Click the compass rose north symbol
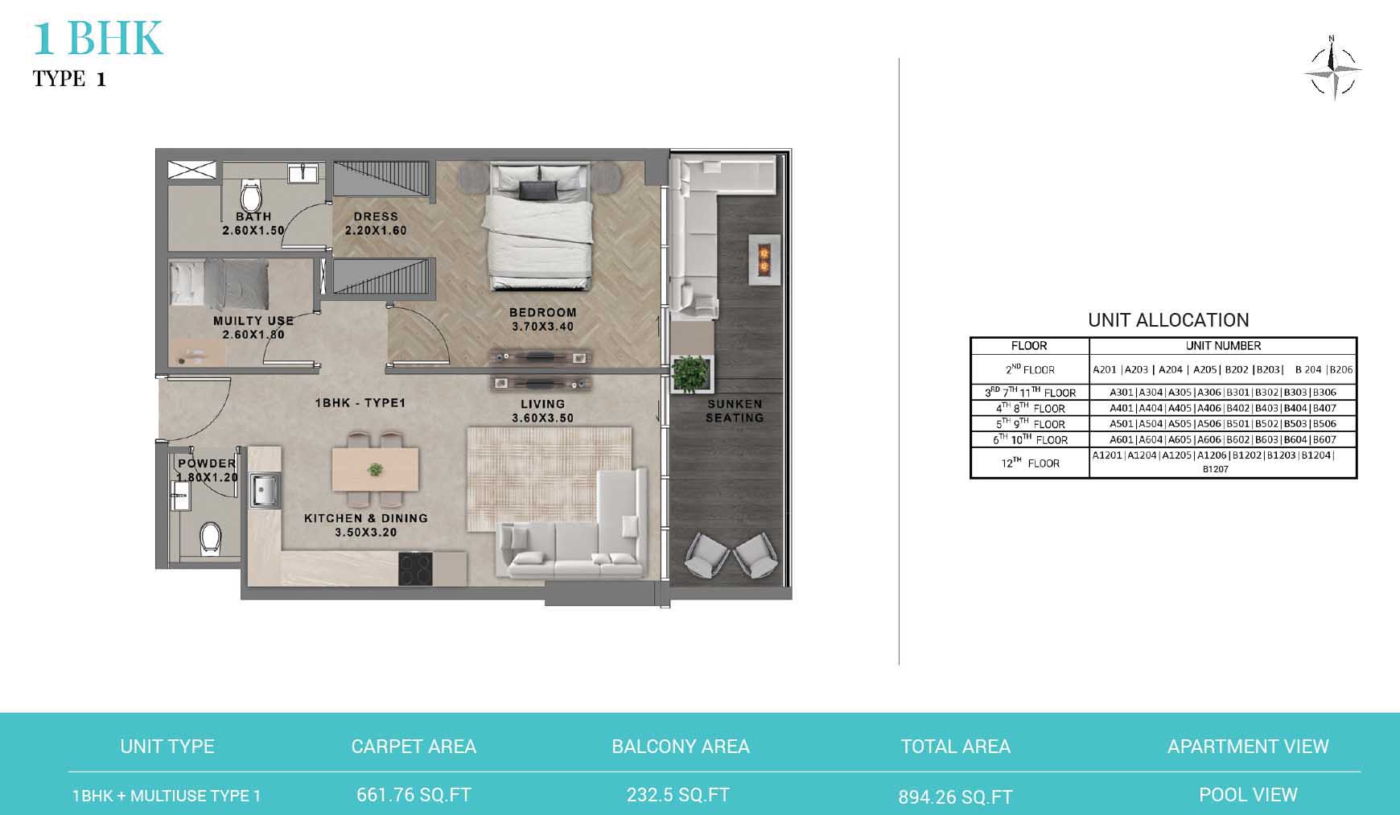tap(1332, 70)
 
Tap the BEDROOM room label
tap(543, 312)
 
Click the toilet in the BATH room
tap(252, 196)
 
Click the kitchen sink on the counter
tap(265, 489)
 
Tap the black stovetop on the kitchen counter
tap(415, 570)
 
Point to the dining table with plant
tap(375, 468)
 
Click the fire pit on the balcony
tap(764, 259)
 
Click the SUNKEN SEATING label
tap(735, 411)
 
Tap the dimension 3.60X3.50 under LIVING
tap(542, 418)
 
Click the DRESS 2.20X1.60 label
tap(376, 223)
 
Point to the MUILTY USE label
tap(253, 320)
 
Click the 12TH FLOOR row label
tap(1030, 463)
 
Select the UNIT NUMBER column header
tap(1223, 346)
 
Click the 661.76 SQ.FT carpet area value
tap(414, 795)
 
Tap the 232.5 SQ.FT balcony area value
tap(678, 795)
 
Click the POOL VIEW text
tap(1248, 795)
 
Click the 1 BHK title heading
tap(98, 38)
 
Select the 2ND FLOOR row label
tap(1030, 370)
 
